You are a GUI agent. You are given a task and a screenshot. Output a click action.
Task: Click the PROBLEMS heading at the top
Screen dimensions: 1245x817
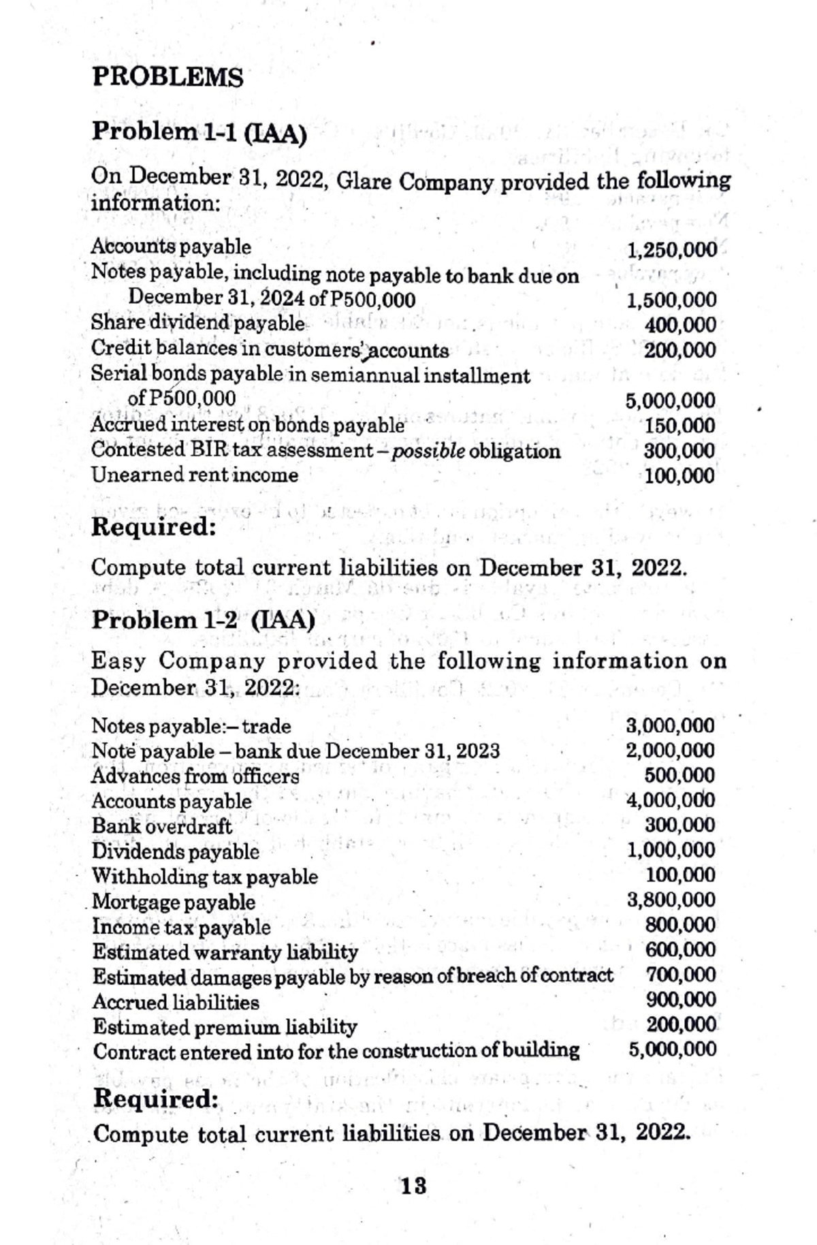pyautogui.click(x=167, y=77)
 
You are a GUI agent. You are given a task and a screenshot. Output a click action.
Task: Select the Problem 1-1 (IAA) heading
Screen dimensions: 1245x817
pyautogui.click(x=199, y=131)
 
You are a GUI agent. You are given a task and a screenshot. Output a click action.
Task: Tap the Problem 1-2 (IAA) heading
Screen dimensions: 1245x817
pyautogui.click(x=203, y=620)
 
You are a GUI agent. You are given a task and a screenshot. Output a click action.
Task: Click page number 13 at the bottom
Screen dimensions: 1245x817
pyautogui.click(x=413, y=1186)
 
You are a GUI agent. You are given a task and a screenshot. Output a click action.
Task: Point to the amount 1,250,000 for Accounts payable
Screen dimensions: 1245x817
pyautogui.click(x=671, y=249)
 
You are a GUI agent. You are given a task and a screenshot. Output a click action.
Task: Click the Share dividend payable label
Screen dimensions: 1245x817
pyautogui.click(x=197, y=323)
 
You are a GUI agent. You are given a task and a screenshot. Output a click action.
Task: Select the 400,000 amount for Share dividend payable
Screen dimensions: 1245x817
pyautogui.click(x=680, y=325)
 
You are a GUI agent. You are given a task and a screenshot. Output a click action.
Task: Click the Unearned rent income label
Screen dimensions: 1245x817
pyautogui.click(x=195, y=475)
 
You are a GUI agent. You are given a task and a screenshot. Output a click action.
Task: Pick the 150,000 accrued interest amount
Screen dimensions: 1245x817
pyautogui.click(x=679, y=426)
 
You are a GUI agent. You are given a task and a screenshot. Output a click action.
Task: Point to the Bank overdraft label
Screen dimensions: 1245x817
pyautogui.click(x=161, y=826)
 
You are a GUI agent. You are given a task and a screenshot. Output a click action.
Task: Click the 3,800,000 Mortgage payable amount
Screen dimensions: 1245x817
pyautogui.click(x=671, y=900)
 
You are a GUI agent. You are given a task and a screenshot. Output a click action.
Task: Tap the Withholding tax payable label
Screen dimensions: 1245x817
pyautogui.click(x=204, y=876)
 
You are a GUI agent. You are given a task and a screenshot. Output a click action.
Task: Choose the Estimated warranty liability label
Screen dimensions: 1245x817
pyautogui.click(x=225, y=951)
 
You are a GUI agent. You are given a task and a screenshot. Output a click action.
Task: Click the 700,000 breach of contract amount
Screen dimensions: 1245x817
pyautogui.click(x=680, y=975)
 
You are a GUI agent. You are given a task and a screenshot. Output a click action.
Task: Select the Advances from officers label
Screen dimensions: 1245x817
pyautogui.click(x=195, y=776)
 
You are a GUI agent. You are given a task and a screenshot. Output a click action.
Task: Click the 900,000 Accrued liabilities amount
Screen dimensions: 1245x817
pyautogui.click(x=680, y=999)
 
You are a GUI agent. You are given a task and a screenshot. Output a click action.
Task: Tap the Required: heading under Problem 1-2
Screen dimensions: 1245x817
pyautogui.click(x=155, y=1098)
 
